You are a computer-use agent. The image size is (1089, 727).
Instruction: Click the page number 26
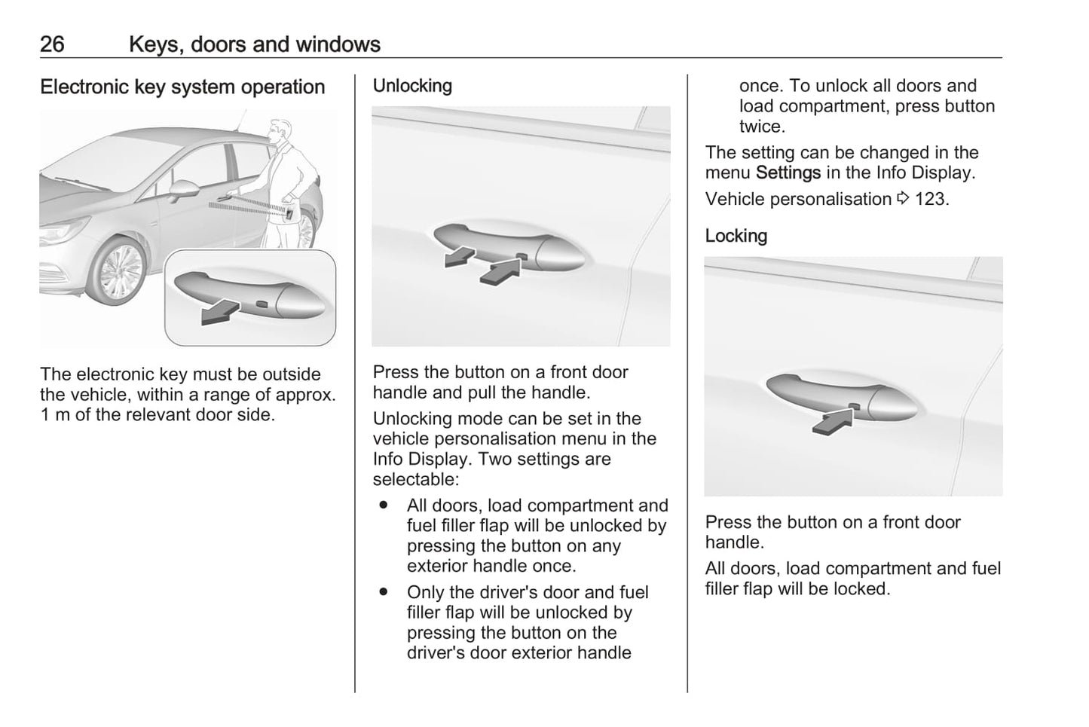(52, 44)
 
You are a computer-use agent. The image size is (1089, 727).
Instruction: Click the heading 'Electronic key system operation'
(182, 87)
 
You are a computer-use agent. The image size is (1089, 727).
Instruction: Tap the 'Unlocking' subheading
(412, 86)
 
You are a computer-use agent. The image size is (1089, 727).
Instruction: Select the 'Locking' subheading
(736, 236)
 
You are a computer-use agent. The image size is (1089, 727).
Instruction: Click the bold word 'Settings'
(788, 173)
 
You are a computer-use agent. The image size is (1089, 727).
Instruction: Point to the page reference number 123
(931, 200)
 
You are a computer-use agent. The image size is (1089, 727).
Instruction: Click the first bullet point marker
(384, 505)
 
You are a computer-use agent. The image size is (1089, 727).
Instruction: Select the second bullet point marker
(384, 592)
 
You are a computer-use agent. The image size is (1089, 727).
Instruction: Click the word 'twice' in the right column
(760, 127)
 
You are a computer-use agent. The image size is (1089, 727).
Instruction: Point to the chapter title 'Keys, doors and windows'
(255, 44)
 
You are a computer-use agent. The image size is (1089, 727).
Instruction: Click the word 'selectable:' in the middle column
(416, 479)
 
